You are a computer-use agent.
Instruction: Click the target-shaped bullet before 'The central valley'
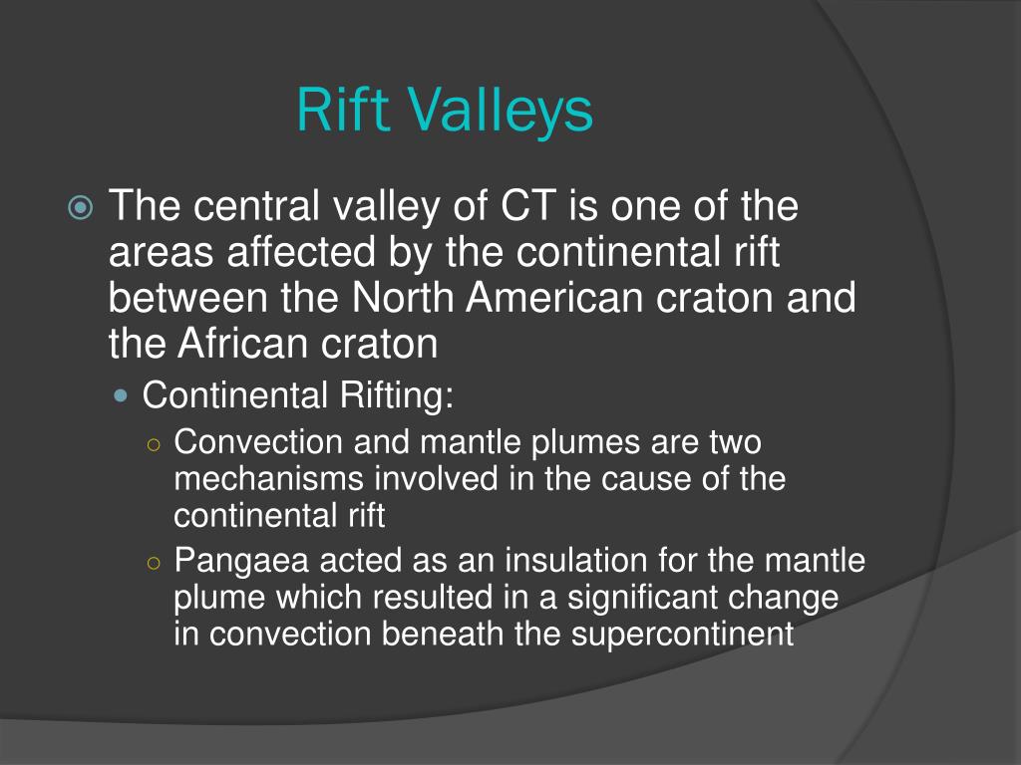(81, 209)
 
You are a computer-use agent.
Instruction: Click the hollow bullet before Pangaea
(153, 562)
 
